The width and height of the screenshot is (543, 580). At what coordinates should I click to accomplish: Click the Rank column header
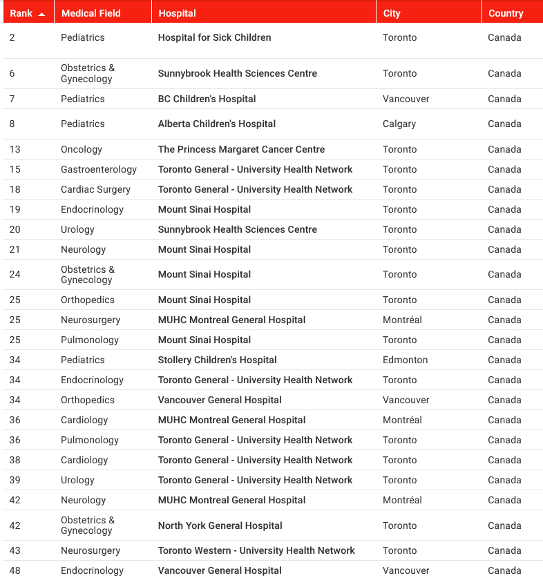click(21, 13)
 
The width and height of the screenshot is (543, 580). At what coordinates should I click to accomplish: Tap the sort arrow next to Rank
click(41, 14)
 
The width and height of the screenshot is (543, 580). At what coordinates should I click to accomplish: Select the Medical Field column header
click(90, 13)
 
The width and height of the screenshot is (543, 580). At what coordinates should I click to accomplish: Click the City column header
click(392, 13)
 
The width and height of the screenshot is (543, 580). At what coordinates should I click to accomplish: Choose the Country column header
click(506, 13)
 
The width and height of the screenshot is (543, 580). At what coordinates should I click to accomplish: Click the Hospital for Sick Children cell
click(214, 37)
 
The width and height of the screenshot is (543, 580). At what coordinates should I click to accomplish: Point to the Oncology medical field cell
click(82, 149)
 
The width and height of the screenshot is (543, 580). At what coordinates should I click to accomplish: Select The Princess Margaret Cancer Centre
click(241, 149)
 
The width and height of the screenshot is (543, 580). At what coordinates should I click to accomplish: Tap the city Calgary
click(399, 124)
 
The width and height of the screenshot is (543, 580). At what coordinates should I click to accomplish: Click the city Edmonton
click(405, 360)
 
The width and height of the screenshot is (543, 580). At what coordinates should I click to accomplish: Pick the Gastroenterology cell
click(99, 169)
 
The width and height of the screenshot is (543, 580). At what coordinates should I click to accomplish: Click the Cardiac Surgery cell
click(95, 189)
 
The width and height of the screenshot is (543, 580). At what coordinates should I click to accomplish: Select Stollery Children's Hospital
click(217, 360)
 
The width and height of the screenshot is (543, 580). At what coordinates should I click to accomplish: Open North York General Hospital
click(220, 525)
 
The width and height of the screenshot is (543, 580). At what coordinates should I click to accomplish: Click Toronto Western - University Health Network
click(256, 550)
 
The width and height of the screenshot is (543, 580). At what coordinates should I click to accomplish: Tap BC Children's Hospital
click(207, 99)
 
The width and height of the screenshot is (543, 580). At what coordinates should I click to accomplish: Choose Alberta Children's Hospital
click(216, 124)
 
